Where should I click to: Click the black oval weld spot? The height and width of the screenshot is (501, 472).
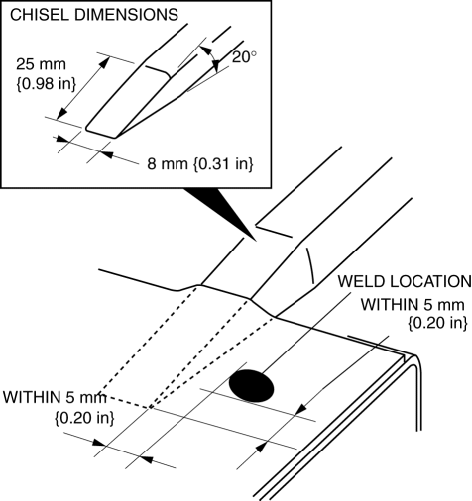252,386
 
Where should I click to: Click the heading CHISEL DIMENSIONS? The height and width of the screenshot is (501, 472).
94,15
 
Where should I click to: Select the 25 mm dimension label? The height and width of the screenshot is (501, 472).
42,64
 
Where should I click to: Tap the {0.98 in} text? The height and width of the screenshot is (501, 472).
46,84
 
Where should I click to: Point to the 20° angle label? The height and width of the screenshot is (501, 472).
244,57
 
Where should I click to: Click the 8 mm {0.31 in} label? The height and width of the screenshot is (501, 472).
200,163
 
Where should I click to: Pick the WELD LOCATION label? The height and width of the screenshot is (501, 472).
405,281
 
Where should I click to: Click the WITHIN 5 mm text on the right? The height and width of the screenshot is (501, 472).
413,304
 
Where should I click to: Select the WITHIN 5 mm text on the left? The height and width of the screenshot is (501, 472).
55,397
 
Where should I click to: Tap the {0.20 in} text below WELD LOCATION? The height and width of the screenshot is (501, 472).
437,323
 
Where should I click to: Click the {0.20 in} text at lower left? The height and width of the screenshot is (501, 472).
84,418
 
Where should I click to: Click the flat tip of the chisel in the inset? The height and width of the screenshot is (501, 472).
101,133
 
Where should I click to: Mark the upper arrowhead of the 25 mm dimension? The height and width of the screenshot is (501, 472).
104,62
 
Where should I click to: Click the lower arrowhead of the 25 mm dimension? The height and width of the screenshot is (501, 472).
61,113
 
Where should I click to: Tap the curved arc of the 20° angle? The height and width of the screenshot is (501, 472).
213,56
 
